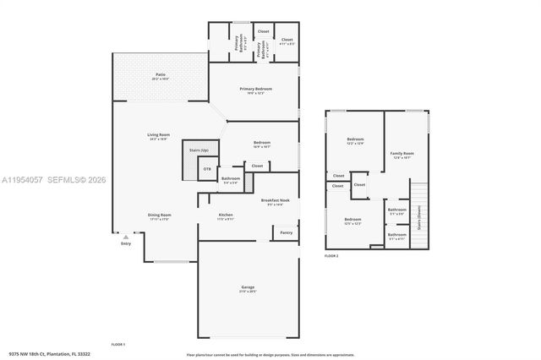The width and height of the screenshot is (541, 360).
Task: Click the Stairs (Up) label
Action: coord(199,150)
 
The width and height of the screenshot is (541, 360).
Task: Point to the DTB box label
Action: coord(206,169)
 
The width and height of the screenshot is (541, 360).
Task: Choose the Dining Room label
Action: coord(159,216)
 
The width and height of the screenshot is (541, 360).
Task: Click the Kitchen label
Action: coord(226,216)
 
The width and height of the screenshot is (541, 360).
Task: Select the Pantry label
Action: coord(286,232)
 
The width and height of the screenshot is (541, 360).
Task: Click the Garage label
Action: coord(248,289)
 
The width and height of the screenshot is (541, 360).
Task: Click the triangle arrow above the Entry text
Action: coord(124,237)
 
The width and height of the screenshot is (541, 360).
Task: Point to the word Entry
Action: coord(125,244)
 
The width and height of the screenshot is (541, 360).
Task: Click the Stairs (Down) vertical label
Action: coord(420,226)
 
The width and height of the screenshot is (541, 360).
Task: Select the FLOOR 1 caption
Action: coord(118,344)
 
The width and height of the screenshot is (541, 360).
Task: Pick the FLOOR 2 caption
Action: coord(331,255)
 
